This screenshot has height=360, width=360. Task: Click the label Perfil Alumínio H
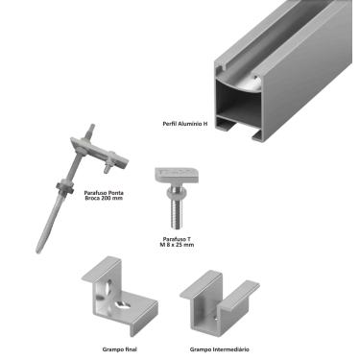tap(185, 124)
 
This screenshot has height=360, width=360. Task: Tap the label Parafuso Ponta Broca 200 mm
tap(104, 196)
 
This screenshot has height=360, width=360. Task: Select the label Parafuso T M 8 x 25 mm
tap(177, 242)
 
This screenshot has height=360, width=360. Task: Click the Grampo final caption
tap(120, 349)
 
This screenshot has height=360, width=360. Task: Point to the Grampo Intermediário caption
tap(220, 349)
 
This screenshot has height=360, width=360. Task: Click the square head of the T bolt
tap(177, 176)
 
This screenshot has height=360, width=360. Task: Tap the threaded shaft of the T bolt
tap(177, 213)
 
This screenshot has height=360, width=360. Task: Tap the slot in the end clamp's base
tap(122, 304)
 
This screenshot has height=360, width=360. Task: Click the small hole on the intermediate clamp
tap(216, 318)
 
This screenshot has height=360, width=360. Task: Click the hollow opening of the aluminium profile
tap(239, 99)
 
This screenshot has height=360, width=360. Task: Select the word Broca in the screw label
tap(92, 199)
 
